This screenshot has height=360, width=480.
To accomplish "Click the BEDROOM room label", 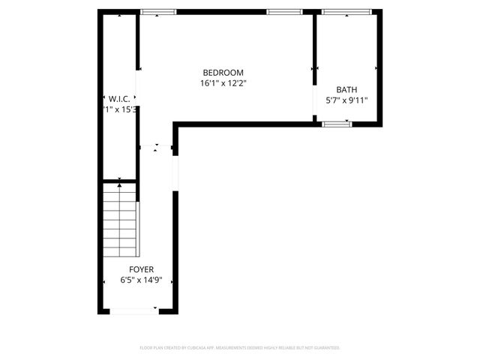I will click(222, 72).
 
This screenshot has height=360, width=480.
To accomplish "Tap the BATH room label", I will click(346, 89).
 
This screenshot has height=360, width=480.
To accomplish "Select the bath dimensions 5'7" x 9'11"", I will click(346, 100).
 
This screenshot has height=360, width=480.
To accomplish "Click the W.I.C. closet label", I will click(119, 98).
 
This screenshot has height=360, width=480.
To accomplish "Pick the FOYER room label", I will click(141, 269).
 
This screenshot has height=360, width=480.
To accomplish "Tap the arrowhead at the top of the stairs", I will click(120, 184).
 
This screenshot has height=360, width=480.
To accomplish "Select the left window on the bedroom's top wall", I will click(158, 12).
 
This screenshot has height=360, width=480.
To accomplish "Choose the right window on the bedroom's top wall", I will click(284, 12).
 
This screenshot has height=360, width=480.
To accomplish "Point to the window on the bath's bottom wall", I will click(337, 124).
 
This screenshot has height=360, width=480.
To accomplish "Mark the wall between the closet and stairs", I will click(118, 181).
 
